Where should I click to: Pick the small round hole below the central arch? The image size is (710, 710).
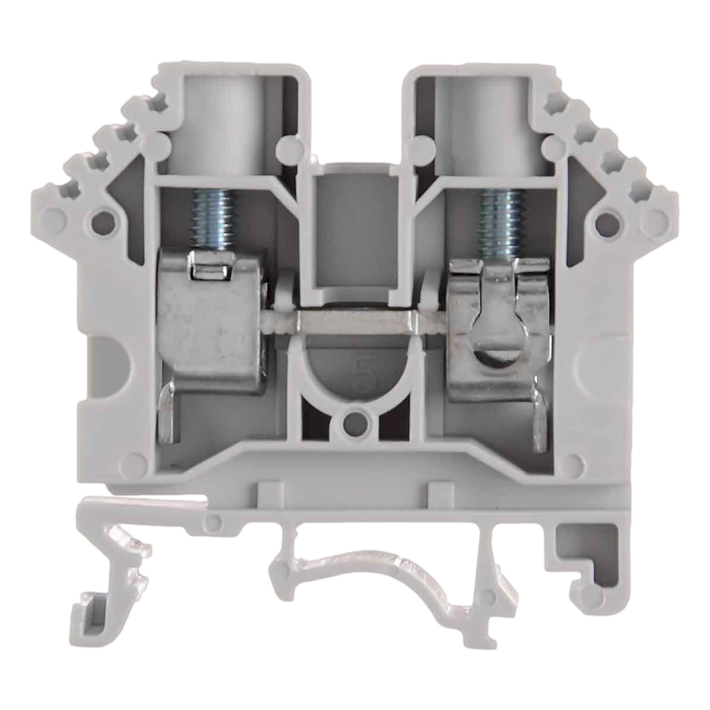356,420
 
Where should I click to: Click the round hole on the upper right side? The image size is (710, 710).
606,222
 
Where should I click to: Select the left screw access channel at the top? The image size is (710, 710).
223,118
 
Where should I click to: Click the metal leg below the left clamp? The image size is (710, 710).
168,416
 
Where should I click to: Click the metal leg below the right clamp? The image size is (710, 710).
539,419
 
